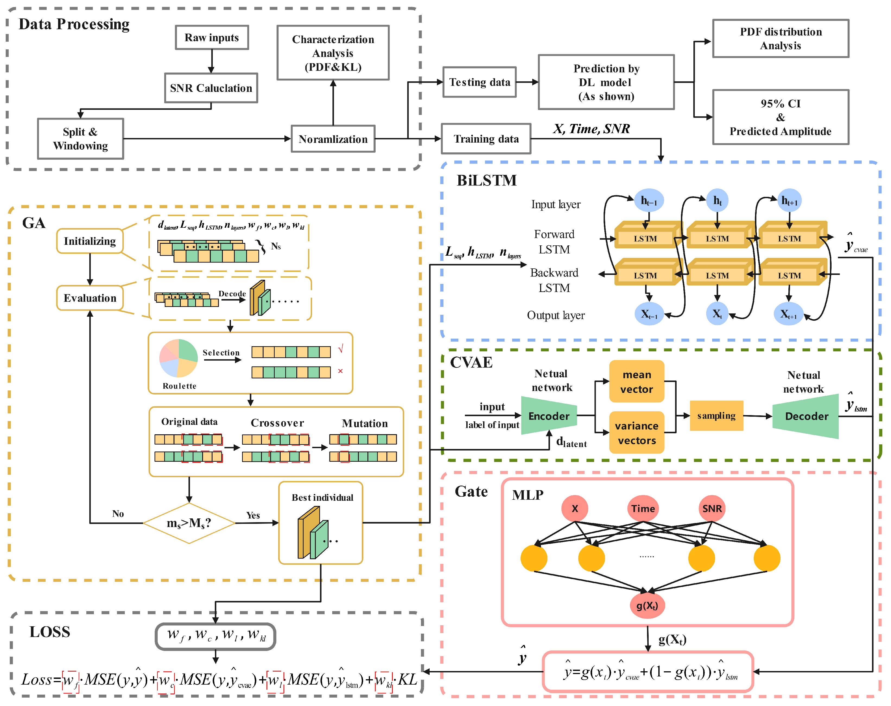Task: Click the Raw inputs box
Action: click(212, 38)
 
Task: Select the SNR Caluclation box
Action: click(211, 88)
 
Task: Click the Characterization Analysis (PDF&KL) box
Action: click(333, 53)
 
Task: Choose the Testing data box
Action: click(479, 82)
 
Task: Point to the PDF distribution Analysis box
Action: click(780, 38)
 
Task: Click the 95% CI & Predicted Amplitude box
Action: click(780, 117)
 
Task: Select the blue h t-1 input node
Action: click(649, 201)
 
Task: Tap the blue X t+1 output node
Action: click(788, 314)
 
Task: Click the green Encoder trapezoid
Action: click(548, 416)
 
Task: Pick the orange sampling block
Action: click(716, 416)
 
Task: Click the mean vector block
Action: click(636, 381)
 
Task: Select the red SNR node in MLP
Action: click(712, 508)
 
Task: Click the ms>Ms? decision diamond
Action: click(189, 523)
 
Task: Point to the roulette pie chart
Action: click(179, 358)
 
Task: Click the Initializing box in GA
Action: click(90, 241)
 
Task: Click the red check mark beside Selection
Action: click(341, 349)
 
